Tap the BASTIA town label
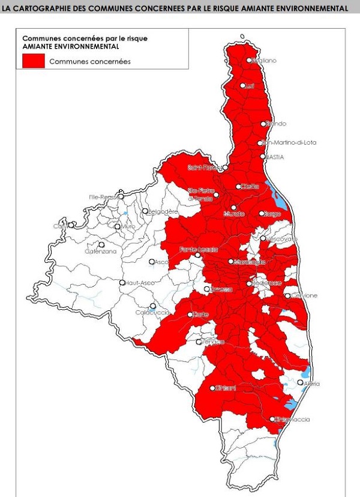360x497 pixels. tap(274, 157)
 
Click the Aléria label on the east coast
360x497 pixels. tap(313, 384)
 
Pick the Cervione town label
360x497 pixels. tap(305, 296)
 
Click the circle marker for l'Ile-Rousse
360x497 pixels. tap(121, 196)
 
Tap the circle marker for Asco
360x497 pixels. tap(152, 262)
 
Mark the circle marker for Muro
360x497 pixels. tap(118, 227)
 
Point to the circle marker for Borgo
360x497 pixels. tap(262, 213)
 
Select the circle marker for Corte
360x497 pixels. tap(190, 315)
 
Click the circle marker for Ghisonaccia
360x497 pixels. tap(272, 419)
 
